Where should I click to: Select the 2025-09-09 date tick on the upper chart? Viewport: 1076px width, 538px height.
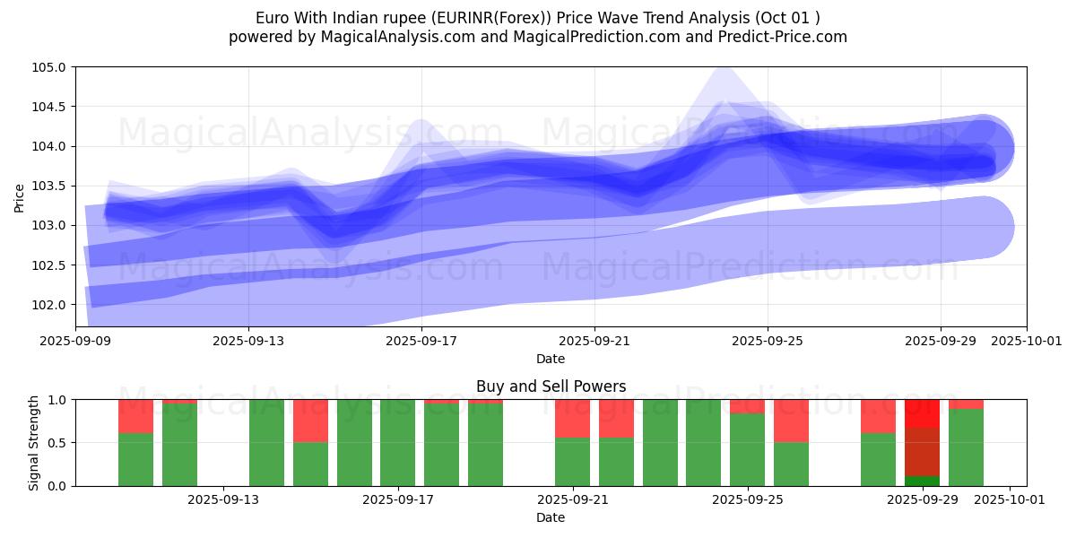(75, 341)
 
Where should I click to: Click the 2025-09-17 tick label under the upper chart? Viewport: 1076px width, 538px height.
(421, 341)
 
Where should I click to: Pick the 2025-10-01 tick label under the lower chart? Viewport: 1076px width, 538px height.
(1010, 499)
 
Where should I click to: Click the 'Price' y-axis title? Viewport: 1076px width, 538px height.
(20, 197)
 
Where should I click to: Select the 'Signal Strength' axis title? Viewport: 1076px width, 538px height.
(34, 443)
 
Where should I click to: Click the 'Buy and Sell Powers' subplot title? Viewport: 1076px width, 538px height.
(551, 387)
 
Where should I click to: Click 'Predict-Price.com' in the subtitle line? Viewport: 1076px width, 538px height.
(782, 37)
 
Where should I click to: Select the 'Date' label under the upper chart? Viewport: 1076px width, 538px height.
(551, 359)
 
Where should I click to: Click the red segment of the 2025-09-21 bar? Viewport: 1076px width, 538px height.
(572, 418)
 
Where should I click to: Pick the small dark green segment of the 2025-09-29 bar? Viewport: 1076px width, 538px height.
(922, 481)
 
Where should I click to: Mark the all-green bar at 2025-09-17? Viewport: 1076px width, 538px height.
(397, 443)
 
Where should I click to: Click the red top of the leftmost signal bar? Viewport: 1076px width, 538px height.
(135, 416)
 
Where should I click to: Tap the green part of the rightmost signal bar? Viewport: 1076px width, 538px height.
(966, 447)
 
